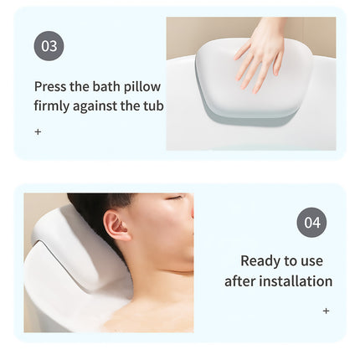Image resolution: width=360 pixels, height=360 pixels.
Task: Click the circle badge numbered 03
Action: tap(49, 46)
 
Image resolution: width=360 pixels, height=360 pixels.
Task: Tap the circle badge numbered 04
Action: tap(311, 223)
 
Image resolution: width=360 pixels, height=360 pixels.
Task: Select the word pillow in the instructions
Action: tap(143, 86)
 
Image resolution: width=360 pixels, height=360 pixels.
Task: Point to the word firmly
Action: tap(54, 106)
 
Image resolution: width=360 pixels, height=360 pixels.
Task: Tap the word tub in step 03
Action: tap(153, 106)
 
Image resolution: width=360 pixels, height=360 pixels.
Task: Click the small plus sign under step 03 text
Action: tap(38, 131)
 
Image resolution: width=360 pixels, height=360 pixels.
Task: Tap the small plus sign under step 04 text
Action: tap(326, 311)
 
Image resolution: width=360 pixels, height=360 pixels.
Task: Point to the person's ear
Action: tap(117, 226)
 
